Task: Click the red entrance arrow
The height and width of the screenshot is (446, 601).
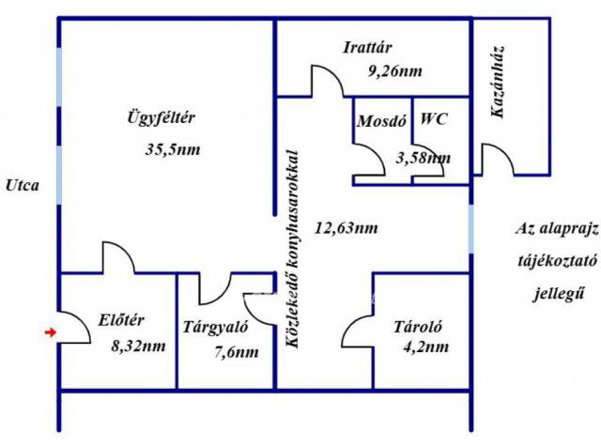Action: click(x=50, y=332)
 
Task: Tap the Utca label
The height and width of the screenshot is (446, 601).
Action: click(x=23, y=186)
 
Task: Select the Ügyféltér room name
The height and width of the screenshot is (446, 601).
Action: click(x=162, y=117)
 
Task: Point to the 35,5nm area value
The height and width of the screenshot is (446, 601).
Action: click(x=173, y=149)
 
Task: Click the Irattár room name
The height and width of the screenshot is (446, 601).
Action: click(x=367, y=48)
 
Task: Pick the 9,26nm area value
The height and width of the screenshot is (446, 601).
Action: click(x=395, y=71)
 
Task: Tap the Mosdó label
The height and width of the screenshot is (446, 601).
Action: click(x=381, y=121)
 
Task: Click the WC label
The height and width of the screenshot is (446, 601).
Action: click(x=434, y=119)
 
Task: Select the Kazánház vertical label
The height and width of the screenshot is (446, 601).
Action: click(x=497, y=82)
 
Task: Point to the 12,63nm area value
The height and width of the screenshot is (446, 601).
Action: click(x=347, y=228)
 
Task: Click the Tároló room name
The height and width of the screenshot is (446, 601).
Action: click(x=418, y=327)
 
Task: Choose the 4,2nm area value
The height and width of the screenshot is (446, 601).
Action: click(x=425, y=346)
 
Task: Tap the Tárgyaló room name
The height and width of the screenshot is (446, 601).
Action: click(x=215, y=328)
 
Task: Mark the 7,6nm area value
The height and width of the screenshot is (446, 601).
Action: click(x=236, y=352)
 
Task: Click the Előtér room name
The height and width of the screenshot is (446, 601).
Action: click(x=121, y=320)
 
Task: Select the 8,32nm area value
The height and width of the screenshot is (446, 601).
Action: click(x=138, y=346)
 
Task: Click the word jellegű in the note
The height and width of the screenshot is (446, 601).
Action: click(x=560, y=294)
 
